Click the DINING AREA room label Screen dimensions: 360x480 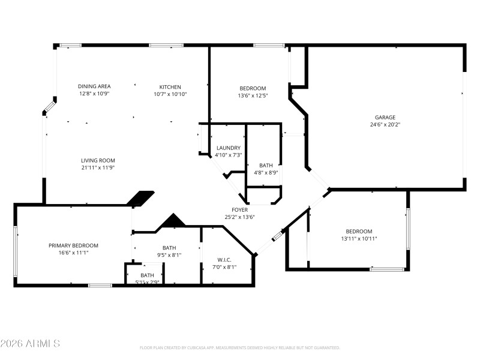[94, 86]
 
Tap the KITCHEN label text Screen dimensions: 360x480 [170, 86]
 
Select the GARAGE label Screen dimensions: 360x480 [385, 118]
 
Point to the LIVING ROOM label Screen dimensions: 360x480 [98, 160]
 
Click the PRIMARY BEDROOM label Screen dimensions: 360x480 [73, 245]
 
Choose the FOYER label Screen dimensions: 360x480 [239, 209]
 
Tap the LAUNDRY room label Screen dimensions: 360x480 [228, 148]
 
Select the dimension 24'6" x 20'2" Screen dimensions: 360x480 [385, 125]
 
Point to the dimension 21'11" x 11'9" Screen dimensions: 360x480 [98, 168]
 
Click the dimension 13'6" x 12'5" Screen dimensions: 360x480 [253, 95]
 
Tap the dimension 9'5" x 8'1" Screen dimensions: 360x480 [169, 255]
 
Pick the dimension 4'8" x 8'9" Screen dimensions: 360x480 [266, 173]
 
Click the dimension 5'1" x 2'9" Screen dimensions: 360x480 [147, 282]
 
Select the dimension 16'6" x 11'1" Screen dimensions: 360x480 [73, 253]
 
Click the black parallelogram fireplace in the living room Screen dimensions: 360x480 [142, 199]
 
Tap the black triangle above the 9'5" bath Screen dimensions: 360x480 [173, 221]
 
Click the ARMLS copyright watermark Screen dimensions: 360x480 [30, 344]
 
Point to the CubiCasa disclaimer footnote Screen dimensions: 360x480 [240, 347]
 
